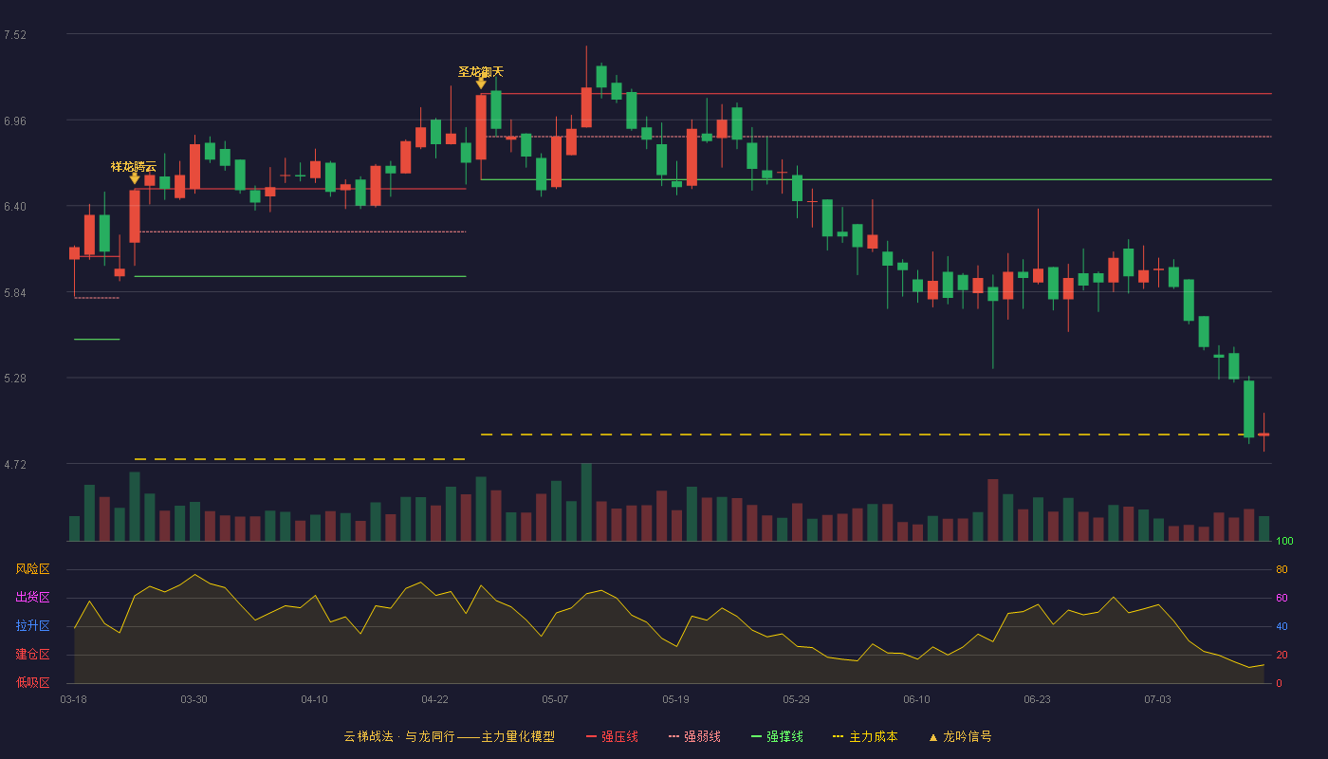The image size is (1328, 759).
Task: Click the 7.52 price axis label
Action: [x=15, y=35]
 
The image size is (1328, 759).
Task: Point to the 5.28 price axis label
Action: [x=15, y=379]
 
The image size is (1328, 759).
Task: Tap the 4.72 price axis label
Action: [x=15, y=464]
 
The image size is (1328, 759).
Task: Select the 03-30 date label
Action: [x=194, y=700]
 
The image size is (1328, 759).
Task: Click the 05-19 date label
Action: [x=675, y=700]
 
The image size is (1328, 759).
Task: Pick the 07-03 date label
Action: [x=1158, y=700]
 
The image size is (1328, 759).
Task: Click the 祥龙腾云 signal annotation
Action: [x=134, y=167]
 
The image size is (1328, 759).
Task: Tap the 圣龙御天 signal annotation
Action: [x=481, y=72]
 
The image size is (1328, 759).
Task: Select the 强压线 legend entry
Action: [x=612, y=736]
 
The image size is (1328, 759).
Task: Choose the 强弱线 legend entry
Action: [x=694, y=736]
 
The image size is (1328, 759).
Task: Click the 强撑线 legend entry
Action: [x=777, y=736]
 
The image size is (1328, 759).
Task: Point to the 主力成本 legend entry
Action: [x=865, y=736]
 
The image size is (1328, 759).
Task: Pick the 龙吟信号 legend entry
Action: [x=960, y=736]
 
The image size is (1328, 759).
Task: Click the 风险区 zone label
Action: [x=32, y=569]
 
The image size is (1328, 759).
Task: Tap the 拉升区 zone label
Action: [x=32, y=626]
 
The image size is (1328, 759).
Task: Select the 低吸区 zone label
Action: [x=32, y=683]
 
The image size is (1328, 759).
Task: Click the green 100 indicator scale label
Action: [x=1284, y=541]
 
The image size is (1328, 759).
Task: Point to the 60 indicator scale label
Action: [x=1282, y=598]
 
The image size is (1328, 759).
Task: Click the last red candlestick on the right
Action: [x=1263, y=435]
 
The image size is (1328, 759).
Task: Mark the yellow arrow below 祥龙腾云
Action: [x=135, y=178]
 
